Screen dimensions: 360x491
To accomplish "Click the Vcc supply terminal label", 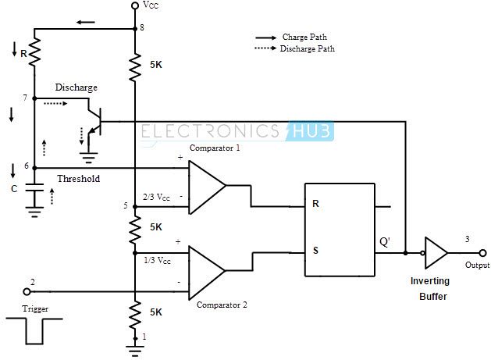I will pos(151,6).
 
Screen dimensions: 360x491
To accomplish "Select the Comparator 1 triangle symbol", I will pos(205,187).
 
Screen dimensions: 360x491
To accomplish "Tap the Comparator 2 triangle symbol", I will pos(205,271).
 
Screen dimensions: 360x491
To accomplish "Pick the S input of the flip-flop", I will pos(315,251).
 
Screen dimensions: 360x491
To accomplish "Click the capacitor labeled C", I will pos(34,188).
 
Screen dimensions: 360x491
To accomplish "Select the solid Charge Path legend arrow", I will pos(268,37).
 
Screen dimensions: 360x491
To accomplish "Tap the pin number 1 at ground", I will pos(143,337).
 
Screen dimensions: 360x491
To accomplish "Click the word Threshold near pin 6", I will pos(79,179).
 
